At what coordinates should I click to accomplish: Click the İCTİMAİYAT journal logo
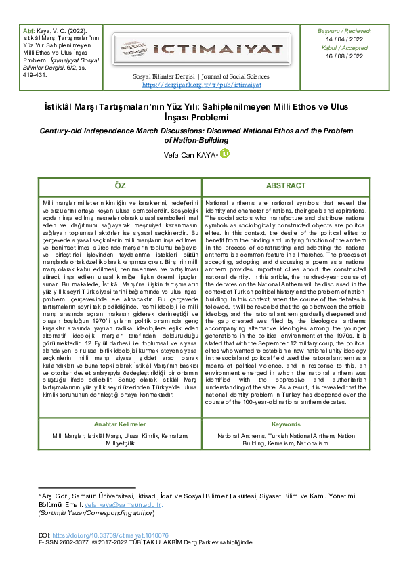tap(201, 48)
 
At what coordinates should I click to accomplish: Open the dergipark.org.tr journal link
tap(201, 85)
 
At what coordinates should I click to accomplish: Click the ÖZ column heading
tap(120, 185)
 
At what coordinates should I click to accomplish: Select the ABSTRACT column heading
tap(285, 185)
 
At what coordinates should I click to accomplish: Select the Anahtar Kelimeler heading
tap(120, 424)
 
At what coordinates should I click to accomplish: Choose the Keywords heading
tap(285, 424)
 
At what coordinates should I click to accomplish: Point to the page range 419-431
tap(30, 75)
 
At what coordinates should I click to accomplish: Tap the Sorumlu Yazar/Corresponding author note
tap(96, 514)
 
